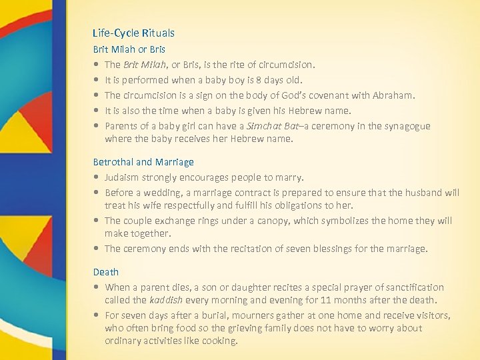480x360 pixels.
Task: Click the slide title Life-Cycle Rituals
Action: pyautogui.click(x=133, y=33)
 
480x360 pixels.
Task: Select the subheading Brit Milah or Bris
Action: pyautogui.click(x=129, y=49)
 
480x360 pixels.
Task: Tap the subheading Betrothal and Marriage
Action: pyautogui.click(x=143, y=162)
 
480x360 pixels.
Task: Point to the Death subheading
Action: pyautogui.click(x=105, y=272)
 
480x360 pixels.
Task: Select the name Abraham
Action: pyautogui.click(x=392, y=95)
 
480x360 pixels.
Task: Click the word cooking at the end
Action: pyautogui.click(x=219, y=341)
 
